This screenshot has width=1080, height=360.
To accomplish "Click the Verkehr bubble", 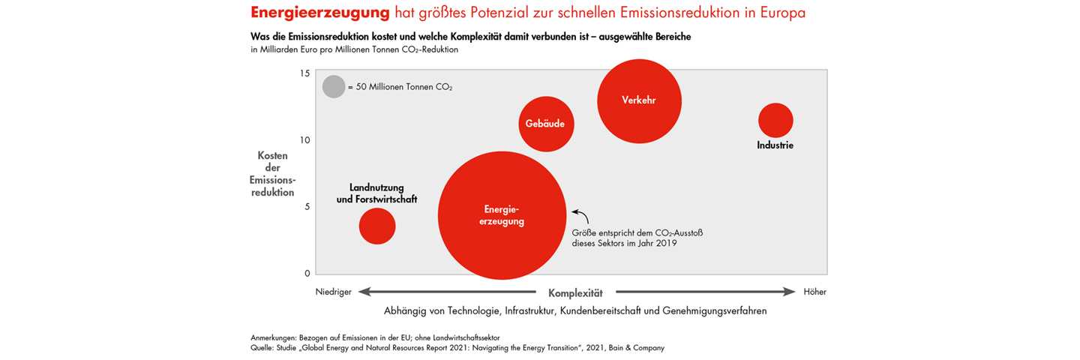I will pyautogui.click(x=639, y=100).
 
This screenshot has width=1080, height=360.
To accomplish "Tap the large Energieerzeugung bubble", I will pyautogui.click(x=502, y=215).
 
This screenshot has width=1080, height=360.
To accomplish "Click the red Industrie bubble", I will pyautogui.click(x=775, y=120).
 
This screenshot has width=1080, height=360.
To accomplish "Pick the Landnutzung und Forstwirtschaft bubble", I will pyautogui.click(x=376, y=226).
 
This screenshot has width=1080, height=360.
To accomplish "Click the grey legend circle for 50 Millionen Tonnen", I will pyautogui.click(x=334, y=87).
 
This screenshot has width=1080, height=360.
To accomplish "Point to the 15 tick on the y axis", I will pyautogui.click(x=304, y=73).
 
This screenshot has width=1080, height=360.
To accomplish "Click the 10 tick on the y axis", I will pyautogui.click(x=304, y=140).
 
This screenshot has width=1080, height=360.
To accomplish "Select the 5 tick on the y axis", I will pyautogui.click(x=306, y=207).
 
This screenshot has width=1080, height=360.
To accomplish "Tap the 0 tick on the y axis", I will pyautogui.click(x=306, y=273).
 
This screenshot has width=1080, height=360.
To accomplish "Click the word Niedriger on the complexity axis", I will pyautogui.click(x=332, y=292).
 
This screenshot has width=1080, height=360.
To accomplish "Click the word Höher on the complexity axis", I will pyautogui.click(x=814, y=292).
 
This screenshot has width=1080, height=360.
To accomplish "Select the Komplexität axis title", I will pyautogui.click(x=575, y=292).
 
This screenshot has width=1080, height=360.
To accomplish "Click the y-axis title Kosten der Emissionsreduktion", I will pyautogui.click(x=273, y=174).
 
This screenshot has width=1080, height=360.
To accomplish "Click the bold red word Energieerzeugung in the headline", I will pyautogui.click(x=320, y=13).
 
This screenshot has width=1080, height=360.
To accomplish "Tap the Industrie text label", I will pyautogui.click(x=775, y=145).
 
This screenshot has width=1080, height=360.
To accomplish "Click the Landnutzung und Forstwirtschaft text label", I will pyautogui.click(x=376, y=193).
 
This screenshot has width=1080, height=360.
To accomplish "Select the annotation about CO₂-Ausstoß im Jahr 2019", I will pyautogui.click(x=637, y=238).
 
